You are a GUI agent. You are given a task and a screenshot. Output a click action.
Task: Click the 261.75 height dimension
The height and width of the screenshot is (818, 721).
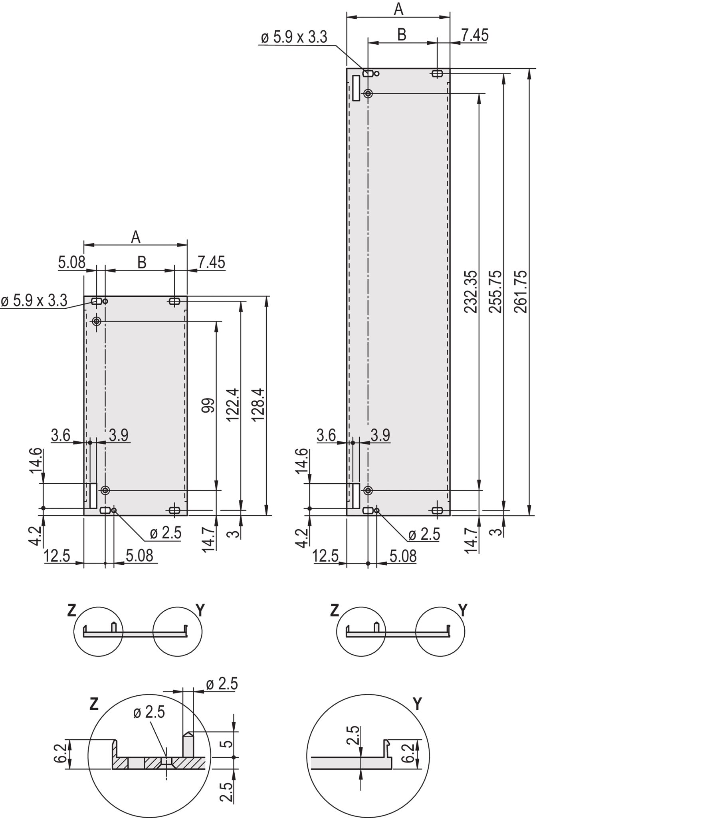pyautogui.click(x=521, y=291)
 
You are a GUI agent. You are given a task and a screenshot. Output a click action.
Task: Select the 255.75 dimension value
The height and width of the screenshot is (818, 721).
pyautogui.click(x=495, y=291)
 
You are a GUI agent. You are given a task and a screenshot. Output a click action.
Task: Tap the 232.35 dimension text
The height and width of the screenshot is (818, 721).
pyautogui.click(x=471, y=291)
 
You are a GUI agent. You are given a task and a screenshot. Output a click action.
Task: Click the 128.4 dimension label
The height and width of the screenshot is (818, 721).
pyautogui.click(x=258, y=404)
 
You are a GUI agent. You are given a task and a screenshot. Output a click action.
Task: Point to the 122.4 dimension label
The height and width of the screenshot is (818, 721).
pyautogui.click(x=233, y=404)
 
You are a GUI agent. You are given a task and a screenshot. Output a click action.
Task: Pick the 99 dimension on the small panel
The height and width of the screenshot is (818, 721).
pyautogui.click(x=208, y=405)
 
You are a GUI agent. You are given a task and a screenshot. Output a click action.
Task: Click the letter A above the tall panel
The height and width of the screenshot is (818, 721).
pyautogui.click(x=398, y=9)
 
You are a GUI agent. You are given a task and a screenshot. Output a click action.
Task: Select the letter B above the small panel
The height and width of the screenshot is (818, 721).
pyautogui.click(x=142, y=262)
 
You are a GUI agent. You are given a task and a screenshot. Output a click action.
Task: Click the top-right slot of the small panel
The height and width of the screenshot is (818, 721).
pyautogui.click(x=174, y=301)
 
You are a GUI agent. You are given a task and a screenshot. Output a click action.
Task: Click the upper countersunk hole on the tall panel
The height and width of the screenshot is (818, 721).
pyautogui.click(x=368, y=93)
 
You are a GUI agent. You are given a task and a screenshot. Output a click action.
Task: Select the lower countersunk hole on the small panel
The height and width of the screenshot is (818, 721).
pyautogui.click(x=105, y=490)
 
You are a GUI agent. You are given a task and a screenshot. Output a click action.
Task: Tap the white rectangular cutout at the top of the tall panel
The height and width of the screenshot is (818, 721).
pyautogui.click(x=356, y=88)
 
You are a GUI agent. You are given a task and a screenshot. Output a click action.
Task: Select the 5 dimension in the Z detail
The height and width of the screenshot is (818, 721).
pyautogui.click(x=227, y=744)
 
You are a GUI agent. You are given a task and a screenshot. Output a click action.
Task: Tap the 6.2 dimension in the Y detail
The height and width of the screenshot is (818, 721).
pyautogui.click(x=408, y=753)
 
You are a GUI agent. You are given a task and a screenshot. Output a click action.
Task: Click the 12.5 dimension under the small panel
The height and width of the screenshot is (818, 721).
pyautogui.click(x=57, y=556)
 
